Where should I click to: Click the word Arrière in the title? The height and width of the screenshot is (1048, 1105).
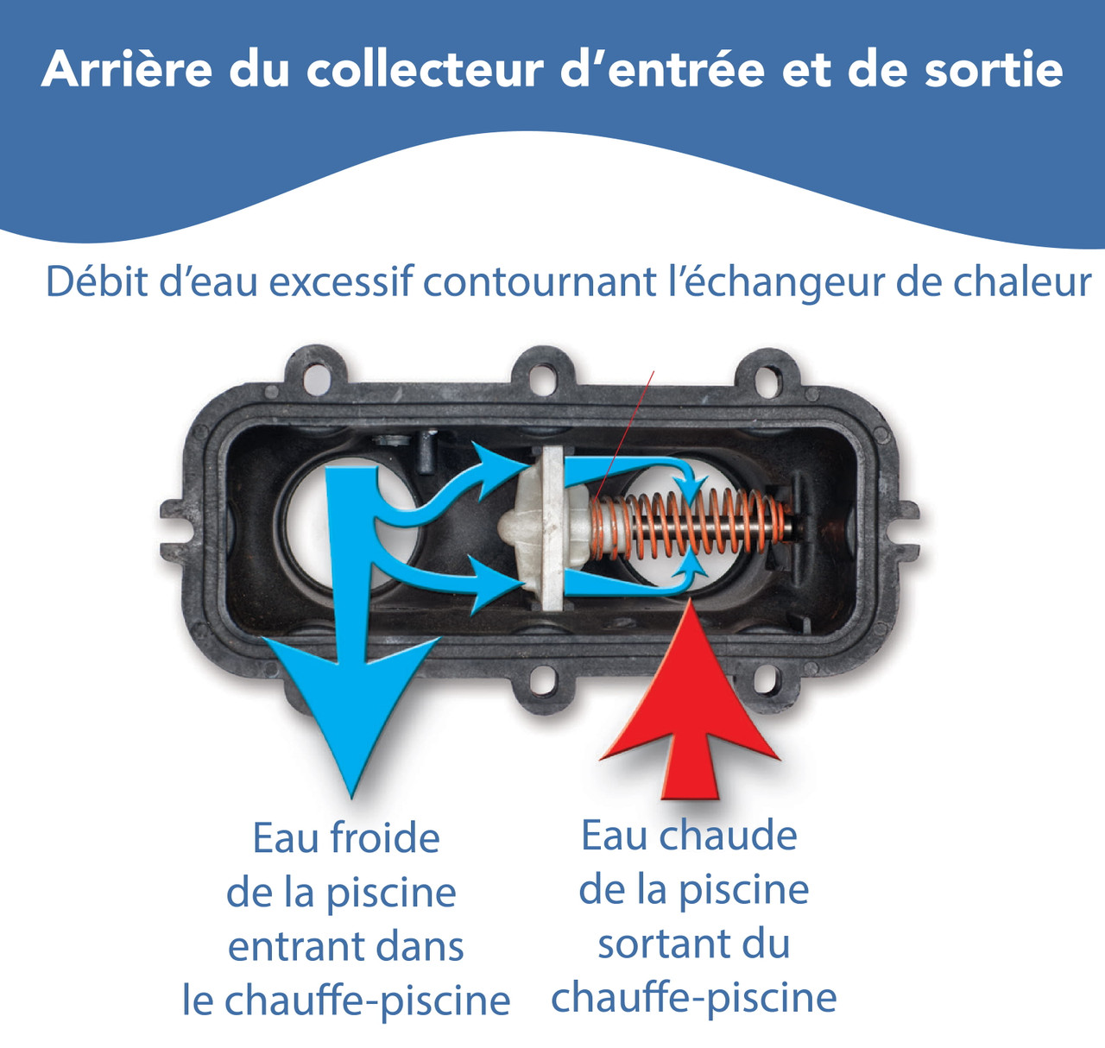coord(126,69)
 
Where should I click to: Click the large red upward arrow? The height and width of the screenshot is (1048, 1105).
coord(691,708)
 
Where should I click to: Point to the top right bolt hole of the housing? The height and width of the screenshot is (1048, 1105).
coord(765,376)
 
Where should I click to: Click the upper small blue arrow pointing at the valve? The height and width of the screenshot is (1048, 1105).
coord(496,466)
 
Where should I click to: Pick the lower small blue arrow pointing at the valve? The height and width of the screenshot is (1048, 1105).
coord(492,584)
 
